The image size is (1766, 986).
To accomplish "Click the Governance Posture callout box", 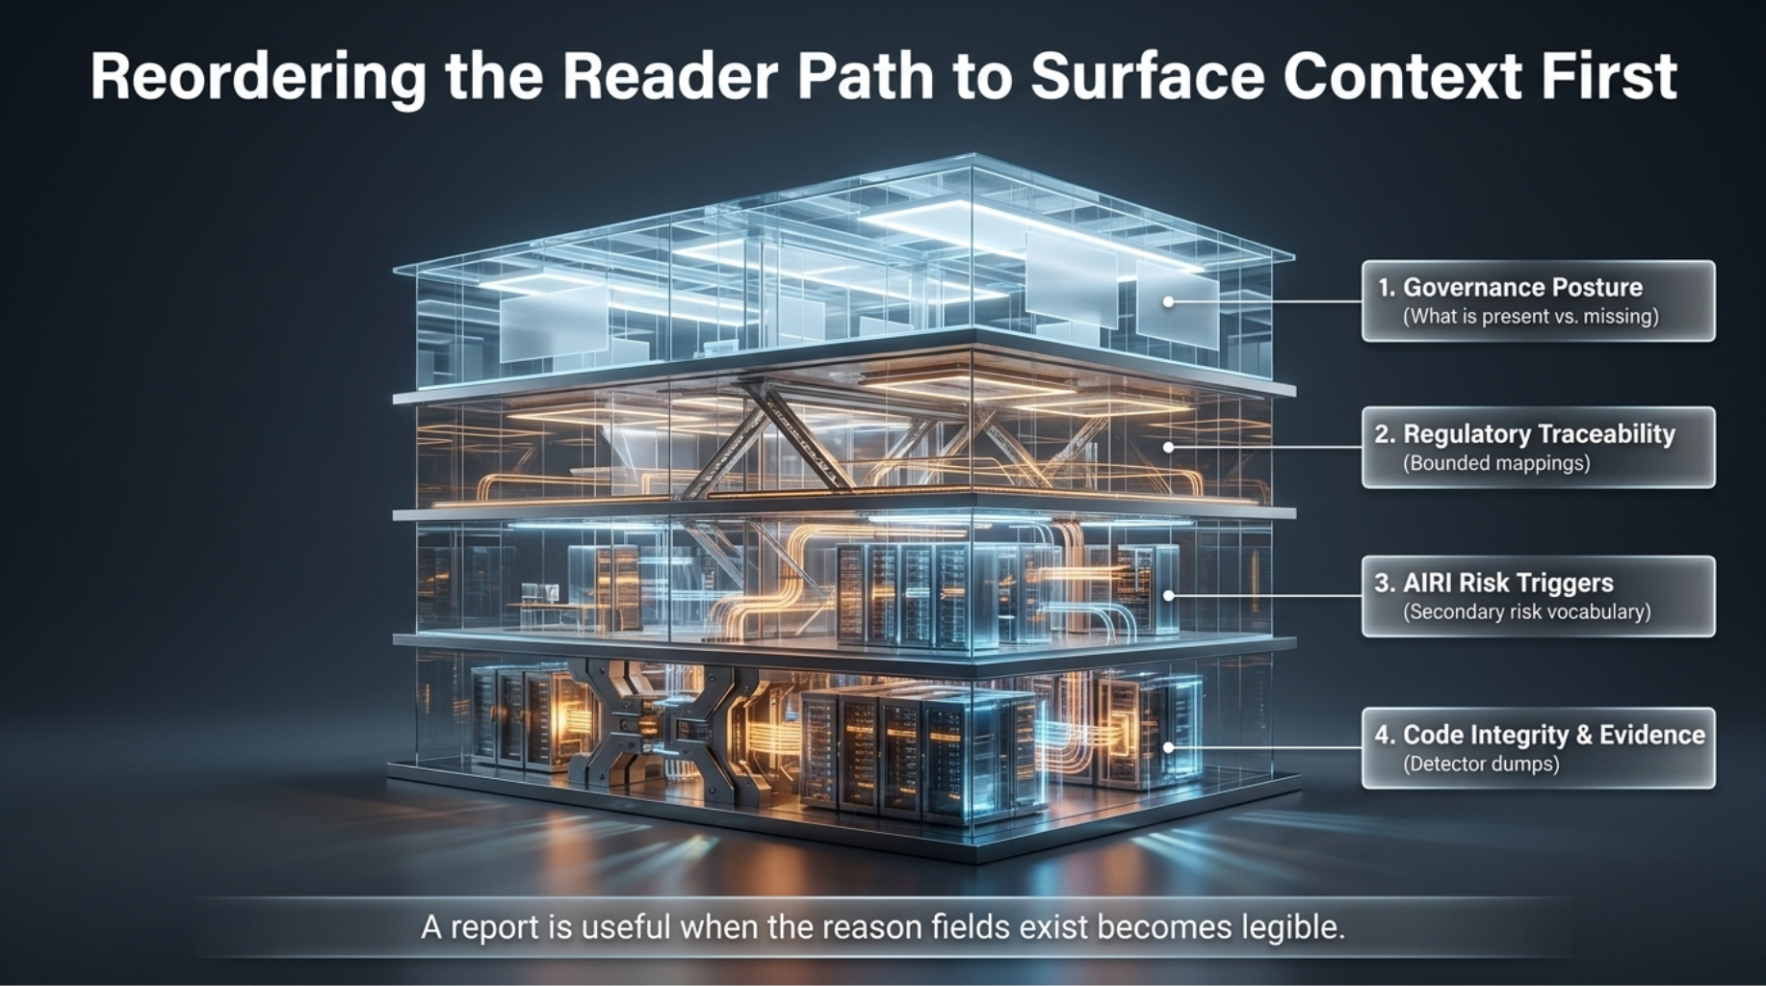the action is pos(1538,300).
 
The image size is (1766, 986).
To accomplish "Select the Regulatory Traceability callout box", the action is pos(1538,447).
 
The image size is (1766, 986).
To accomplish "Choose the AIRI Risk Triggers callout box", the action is pos(1538,596).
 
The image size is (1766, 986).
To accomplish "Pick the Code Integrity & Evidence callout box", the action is pos(1538,748).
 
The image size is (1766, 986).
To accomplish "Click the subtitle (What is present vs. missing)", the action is pos(1531,317).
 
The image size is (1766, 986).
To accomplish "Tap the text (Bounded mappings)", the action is pos(1496,463).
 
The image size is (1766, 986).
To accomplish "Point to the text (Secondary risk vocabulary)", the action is pos(1527,612).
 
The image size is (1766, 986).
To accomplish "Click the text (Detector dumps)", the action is pos(1481,765).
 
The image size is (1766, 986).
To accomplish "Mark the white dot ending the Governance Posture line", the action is pos(1168,301).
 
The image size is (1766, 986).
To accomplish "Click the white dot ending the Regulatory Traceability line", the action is pos(1168,447).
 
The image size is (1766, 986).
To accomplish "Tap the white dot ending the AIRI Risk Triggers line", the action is pos(1168,596).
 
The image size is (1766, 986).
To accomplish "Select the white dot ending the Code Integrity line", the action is pos(1168,747).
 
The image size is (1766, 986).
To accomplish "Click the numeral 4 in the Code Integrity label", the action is pos(1383,736).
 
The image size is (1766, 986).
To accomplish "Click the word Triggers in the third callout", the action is pos(1568,584).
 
